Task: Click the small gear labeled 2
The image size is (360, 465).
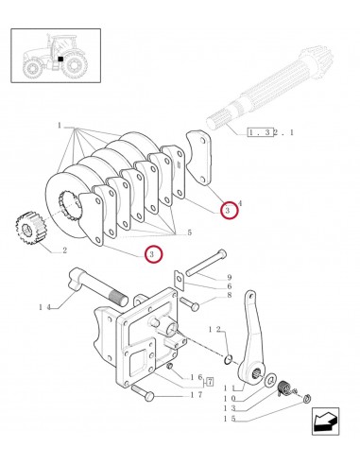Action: (x=32, y=230)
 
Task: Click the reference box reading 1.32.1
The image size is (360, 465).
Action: (x=268, y=133)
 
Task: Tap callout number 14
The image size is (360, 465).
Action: (x=45, y=305)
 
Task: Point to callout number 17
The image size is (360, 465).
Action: (x=197, y=394)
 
